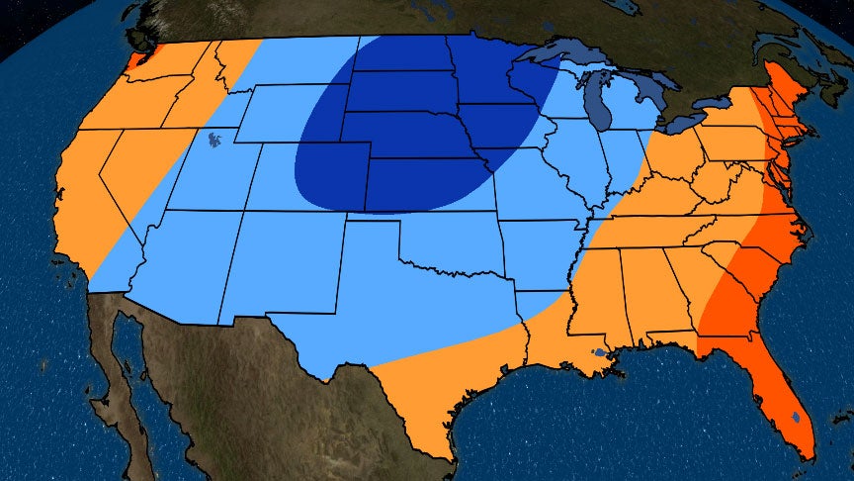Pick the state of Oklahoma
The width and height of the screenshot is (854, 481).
(x=445, y=243)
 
